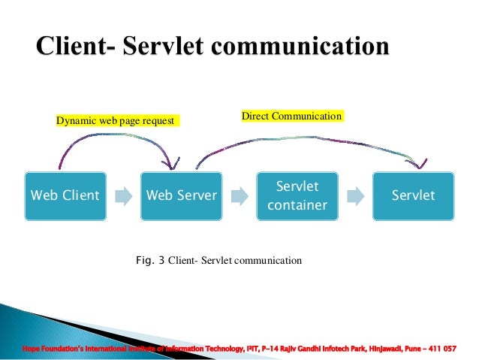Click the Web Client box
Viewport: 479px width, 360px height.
tap(64, 195)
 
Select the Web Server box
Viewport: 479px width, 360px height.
tap(181, 195)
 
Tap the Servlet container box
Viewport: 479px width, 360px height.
tap(297, 195)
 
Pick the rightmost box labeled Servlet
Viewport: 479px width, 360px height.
tap(413, 195)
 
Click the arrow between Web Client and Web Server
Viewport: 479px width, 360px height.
tap(122, 196)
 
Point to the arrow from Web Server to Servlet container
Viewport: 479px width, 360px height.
tap(239, 196)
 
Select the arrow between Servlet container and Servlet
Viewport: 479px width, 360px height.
tap(355, 196)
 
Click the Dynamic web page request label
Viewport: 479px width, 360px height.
tap(116, 120)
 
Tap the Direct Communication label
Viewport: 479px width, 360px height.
tap(291, 116)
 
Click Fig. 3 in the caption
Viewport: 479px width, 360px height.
tap(149, 261)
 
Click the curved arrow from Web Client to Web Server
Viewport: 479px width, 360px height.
tap(113, 136)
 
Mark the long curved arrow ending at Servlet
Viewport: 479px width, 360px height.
tap(308, 138)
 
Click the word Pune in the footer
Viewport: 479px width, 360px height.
tap(414, 349)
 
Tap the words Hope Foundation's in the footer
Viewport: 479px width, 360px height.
tap(48, 349)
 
